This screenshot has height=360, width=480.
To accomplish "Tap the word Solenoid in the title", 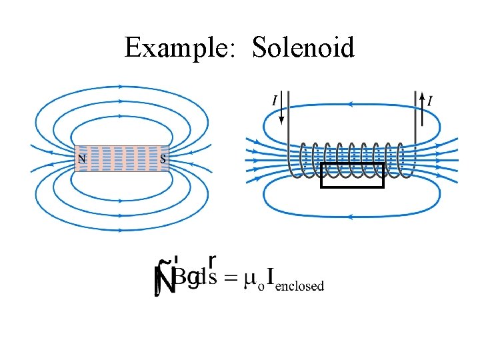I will pyautogui.click(x=303, y=47).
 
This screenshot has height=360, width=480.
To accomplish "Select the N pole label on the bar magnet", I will pyautogui.click(x=82, y=159).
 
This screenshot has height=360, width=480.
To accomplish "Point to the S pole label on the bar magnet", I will pyautogui.click(x=163, y=159).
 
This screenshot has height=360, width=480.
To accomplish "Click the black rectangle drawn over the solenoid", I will pyautogui.click(x=353, y=175).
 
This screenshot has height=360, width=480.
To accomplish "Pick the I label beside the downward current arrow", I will pyautogui.click(x=274, y=101).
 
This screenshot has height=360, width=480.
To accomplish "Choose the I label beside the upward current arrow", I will pyautogui.click(x=429, y=101).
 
